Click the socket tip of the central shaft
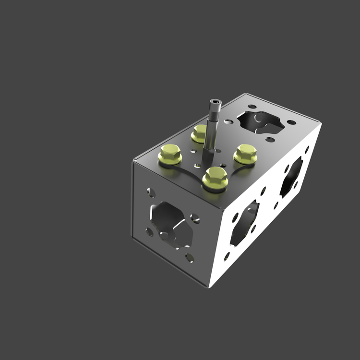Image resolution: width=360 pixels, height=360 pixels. (215, 102)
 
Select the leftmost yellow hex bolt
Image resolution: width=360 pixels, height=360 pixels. (170, 154)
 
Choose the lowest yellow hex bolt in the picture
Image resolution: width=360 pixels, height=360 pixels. (215, 178)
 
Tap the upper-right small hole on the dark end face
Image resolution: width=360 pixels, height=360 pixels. (195, 218)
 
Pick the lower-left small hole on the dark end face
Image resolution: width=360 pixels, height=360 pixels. (149, 232)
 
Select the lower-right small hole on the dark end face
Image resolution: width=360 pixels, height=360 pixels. (190, 258)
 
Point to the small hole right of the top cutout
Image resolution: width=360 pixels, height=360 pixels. (291, 122)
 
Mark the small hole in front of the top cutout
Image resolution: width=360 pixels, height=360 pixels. (270, 140)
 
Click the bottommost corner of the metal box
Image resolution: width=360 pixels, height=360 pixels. (210, 287)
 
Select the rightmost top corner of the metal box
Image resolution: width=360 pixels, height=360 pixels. (321, 124)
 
